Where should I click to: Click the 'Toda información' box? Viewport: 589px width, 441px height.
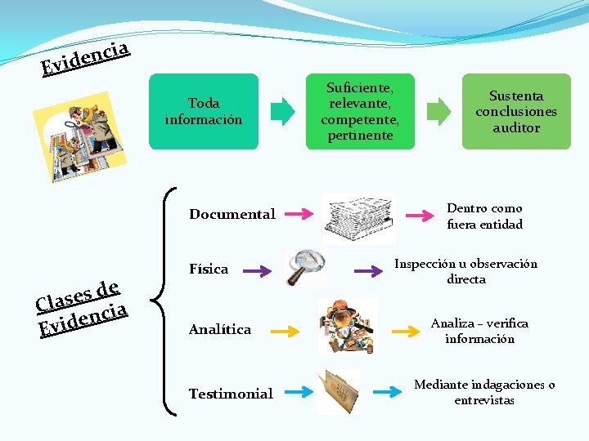(x=204, y=111)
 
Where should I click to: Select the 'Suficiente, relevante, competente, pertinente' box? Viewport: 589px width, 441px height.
(x=360, y=111)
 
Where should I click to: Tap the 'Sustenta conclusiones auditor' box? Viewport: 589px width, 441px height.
(x=516, y=111)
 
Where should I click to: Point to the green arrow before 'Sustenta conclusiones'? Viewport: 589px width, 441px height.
(x=439, y=111)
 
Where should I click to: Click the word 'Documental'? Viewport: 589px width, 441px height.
(x=232, y=215)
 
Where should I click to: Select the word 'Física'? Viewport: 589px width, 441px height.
(x=209, y=269)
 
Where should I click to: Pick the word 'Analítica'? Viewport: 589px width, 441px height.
(x=220, y=330)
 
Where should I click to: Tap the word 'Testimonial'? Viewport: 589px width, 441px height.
(x=231, y=394)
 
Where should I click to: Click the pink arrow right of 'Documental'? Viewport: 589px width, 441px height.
(x=299, y=215)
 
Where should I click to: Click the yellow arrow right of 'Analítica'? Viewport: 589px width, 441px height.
(x=286, y=331)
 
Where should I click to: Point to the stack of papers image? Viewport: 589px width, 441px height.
(x=358, y=217)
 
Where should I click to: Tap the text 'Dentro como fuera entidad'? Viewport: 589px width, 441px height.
(x=484, y=216)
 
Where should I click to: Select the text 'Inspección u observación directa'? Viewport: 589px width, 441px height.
(x=465, y=271)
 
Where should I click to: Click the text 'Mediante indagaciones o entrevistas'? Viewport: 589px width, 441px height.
(x=484, y=392)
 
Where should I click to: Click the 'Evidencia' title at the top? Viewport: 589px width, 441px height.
(x=87, y=57)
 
